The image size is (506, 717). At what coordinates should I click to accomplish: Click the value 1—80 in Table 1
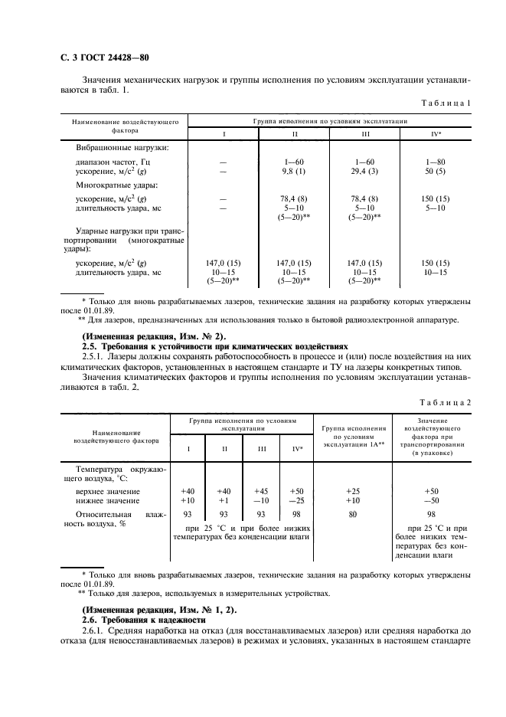tap(436, 162)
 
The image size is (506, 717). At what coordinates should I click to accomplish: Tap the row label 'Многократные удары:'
tap(117, 185)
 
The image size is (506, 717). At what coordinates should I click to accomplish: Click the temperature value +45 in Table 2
tap(261, 490)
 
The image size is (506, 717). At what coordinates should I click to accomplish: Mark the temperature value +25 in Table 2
tap(353, 490)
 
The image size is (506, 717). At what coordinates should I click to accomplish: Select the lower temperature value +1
tap(224, 500)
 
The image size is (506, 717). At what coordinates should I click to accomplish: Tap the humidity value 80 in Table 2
tap(353, 515)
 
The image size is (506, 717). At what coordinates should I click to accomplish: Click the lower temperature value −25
tap(298, 500)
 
